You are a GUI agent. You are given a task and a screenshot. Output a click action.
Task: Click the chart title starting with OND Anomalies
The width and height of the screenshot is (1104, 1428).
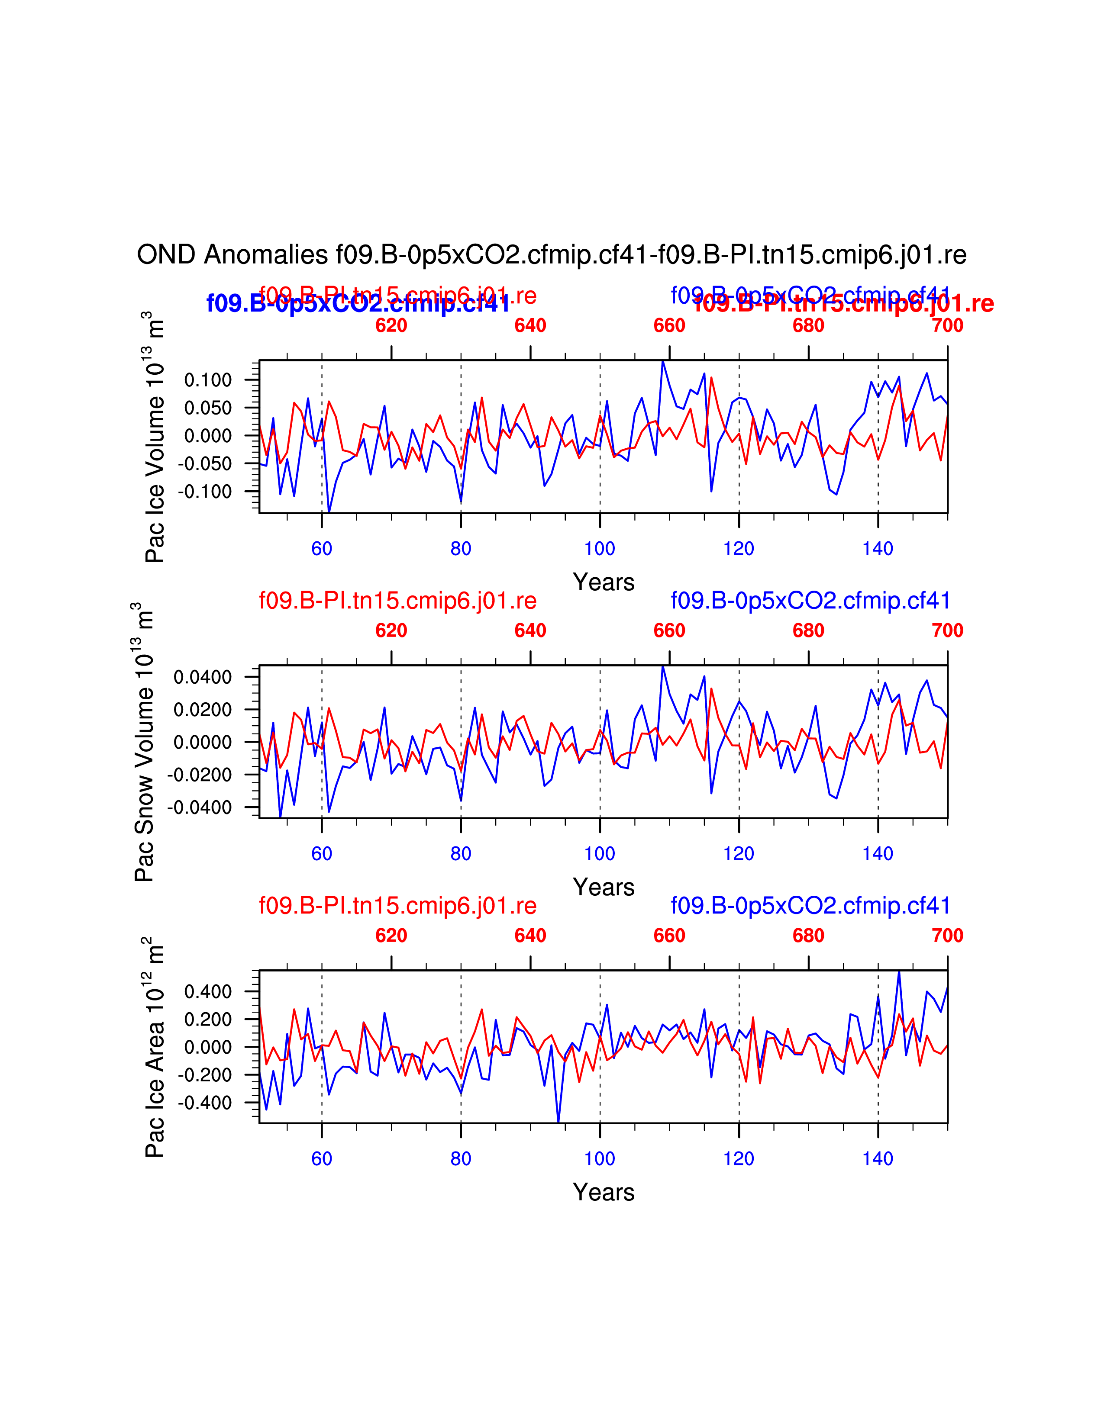coord(551,255)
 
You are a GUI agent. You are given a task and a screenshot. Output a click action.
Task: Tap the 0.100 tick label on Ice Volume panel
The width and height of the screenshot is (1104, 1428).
coord(208,380)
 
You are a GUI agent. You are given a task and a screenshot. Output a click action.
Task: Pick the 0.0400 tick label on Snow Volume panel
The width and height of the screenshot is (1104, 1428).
coord(203,677)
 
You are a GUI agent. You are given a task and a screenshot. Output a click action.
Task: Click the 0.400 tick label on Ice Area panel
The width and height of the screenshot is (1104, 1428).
coord(208,992)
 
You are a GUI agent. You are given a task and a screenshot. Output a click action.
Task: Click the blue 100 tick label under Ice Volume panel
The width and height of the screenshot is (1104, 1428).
coord(600,549)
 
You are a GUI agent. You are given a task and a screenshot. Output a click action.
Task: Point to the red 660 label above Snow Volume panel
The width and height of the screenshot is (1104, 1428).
coord(669,631)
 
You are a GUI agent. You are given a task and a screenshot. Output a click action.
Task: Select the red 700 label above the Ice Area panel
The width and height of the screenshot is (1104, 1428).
coord(947,936)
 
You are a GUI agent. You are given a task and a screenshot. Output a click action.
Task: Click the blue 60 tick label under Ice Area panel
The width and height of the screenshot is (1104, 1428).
coord(322,1158)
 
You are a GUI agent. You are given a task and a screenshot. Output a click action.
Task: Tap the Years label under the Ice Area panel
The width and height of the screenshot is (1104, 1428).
coord(604,1192)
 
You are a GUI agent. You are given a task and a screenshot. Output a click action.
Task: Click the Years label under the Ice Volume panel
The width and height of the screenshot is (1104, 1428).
coord(604,582)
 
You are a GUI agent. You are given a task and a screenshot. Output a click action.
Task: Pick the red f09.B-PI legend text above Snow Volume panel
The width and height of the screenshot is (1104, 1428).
coord(397,600)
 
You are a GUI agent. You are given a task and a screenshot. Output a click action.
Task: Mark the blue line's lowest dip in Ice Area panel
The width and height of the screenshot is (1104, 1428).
coord(558,1121)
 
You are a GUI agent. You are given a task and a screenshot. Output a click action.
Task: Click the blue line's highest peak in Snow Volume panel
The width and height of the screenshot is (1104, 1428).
coord(662,667)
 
